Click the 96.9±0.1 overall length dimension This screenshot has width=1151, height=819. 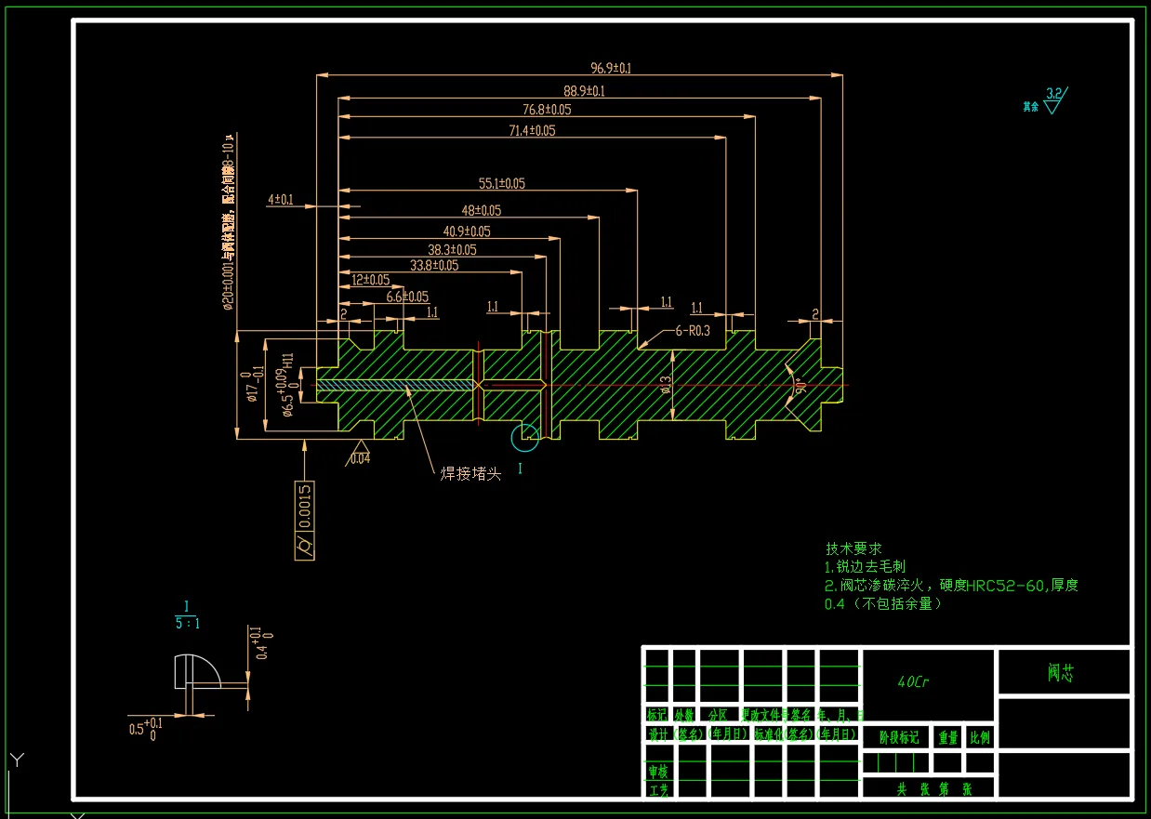point(611,68)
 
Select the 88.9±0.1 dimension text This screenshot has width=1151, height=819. point(584,90)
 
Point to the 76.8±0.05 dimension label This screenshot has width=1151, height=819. point(547,110)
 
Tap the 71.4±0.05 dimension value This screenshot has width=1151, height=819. point(531,131)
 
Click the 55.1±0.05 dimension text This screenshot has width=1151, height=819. point(501,184)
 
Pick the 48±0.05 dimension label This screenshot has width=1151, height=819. point(481,211)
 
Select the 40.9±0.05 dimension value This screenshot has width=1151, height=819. point(467,231)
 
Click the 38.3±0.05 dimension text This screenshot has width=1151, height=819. point(452,250)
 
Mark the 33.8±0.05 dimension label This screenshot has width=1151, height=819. point(434,266)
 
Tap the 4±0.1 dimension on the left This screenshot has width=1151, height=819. point(281,200)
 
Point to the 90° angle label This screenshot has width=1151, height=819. point(798,385)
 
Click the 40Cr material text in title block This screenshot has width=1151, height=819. point(913,681)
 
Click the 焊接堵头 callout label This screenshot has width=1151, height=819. point(470,474)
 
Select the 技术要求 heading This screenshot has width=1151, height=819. point(853,548)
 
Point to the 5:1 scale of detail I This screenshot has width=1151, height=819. point(187,622)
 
